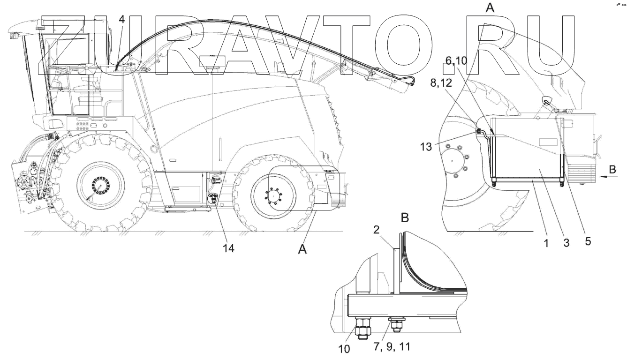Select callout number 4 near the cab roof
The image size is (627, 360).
[122, 21]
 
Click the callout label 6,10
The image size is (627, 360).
[455, 60]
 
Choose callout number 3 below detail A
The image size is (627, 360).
[567, 243]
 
